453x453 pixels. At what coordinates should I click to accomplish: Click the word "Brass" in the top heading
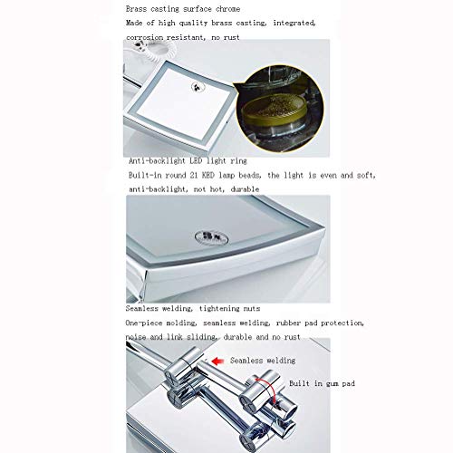click(x=136, y=9)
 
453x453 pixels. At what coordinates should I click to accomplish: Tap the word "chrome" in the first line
click(x=228, y=9)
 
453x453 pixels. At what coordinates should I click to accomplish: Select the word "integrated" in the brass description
click(x=294, y=23)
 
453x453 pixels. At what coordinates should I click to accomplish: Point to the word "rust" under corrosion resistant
click(x=232, y=37)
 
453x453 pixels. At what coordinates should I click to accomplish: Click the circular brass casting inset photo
click(x=280, y=109)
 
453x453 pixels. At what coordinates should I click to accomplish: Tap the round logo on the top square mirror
click(x=198, y=87)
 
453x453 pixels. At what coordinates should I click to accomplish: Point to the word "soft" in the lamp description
click(x=366, y=175)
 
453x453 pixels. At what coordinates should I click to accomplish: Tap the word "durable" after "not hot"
click(x=245, y=189)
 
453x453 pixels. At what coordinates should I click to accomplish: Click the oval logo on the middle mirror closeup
click(x=211, y=237)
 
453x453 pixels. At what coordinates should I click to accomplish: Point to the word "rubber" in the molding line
click(x=288, y=323)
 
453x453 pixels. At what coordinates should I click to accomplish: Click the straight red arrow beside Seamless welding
click(x=217, y=361)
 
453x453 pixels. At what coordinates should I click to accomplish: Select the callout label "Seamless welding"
click(x=263, y=361)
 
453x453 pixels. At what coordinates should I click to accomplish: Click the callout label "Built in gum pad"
click(x=322, y=383)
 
